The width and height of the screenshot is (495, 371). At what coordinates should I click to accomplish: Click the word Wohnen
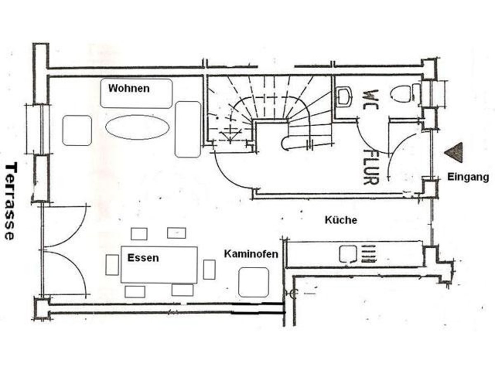(x=129, y=88)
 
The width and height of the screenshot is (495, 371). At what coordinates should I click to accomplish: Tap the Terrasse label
(x=10, y=201)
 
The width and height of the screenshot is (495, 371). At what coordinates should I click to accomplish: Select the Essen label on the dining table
(x=143, y=258)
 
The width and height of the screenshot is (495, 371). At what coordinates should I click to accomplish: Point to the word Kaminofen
(x=251, y=254)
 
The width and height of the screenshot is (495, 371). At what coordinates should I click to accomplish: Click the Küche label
(x=341, y=220)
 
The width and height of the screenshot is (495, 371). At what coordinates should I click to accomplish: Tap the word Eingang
(x=468, y=177)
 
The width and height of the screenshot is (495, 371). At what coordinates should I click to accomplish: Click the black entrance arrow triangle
(x=454, y=153)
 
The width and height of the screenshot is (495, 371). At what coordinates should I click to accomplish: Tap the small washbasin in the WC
(x=343, y=96)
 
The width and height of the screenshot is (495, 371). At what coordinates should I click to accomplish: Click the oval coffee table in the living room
(x=137, y=127)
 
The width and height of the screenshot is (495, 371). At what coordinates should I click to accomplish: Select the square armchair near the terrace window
(x=77, y=130)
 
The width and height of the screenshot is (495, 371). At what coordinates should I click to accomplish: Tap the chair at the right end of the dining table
(x=209, y=270)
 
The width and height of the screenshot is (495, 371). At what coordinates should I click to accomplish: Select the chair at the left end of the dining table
(x=112, y=265)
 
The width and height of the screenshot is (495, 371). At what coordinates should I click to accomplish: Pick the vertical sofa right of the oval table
(x=188, y=129)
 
